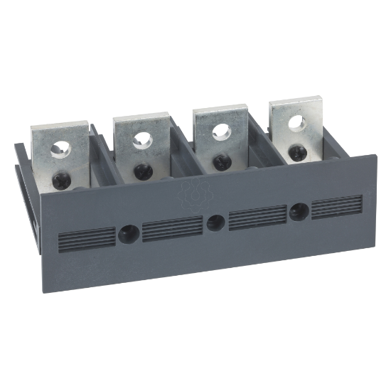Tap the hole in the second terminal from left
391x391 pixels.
point(142,139)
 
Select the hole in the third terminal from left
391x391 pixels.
point(221,131)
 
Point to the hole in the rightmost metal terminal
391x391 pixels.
point(296,122)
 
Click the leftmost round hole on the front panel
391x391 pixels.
point(129,232)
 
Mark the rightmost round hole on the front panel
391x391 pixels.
point(299,210)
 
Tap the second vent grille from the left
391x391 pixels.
point(172,228)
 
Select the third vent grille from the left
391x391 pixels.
point(257,217)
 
